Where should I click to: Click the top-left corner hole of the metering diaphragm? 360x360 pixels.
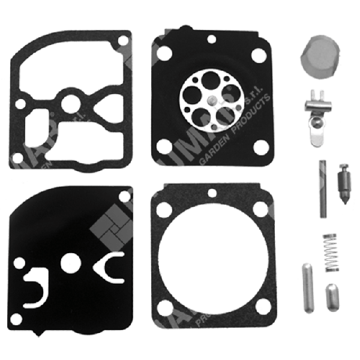click(161, 53)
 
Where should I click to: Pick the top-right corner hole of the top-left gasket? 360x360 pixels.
click(122, 41)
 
